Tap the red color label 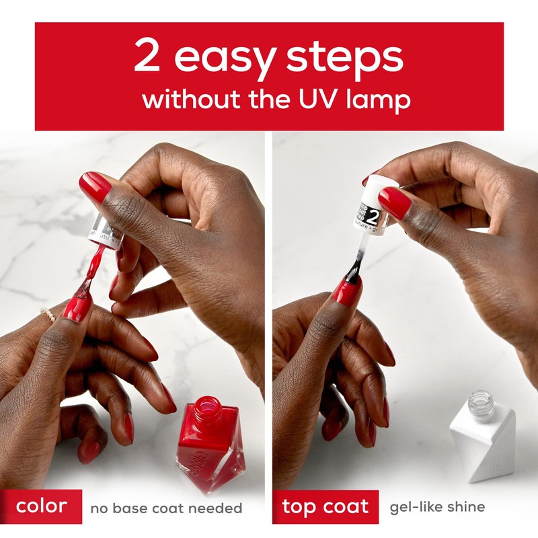[x=41, y=506]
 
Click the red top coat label [x=325, y=506]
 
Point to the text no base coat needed [x=166, y=508]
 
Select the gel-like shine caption [x=437, y=507]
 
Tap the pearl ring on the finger [x=48, y=313]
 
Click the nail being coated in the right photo [x=347, y=292]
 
